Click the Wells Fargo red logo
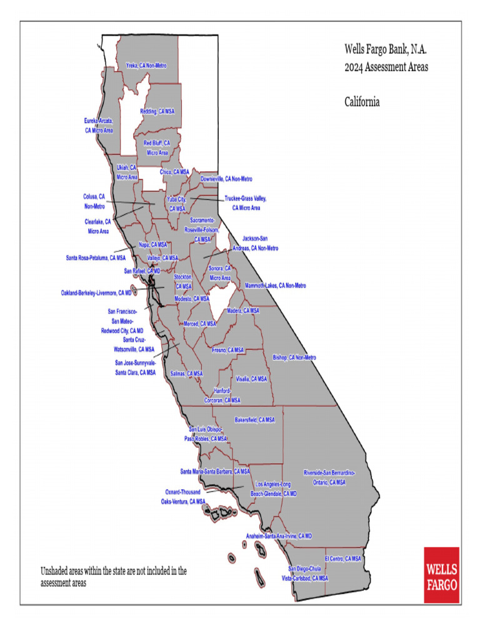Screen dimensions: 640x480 click(x=441, y=575)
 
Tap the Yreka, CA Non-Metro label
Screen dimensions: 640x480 click(x=146, y=65)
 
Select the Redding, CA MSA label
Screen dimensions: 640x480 click(x=157, y=111)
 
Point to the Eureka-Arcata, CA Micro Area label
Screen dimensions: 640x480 click(x=99, y=125)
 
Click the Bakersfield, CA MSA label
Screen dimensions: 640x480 click(x=254, y=420)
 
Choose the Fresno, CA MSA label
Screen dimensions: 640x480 click(x=228, y=350)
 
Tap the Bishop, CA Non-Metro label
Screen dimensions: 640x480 click(x=294, y=357)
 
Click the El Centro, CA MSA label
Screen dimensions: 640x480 click(x=343, y=558)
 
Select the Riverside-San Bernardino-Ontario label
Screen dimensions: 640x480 click(x=329, y=477)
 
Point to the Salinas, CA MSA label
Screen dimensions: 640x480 click(x=187, y=374)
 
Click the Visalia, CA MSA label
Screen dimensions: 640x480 click(x=251, y=379)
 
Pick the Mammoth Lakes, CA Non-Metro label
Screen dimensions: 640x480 click(x=276, y=286)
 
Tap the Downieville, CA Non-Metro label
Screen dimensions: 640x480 click(x=226, y=179)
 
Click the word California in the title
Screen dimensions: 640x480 click(x=362, y=101)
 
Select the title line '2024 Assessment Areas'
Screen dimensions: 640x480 click(x=386, y=67)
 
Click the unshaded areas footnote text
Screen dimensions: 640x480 click(x=113, y=576)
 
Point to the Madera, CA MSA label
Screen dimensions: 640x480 click(x=243, y=311)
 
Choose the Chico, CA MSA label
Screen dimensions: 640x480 click(x=174, y=172)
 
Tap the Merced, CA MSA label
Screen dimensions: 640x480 click(x=200, y=324)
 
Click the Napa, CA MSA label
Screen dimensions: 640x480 click(x=153, y=244)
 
